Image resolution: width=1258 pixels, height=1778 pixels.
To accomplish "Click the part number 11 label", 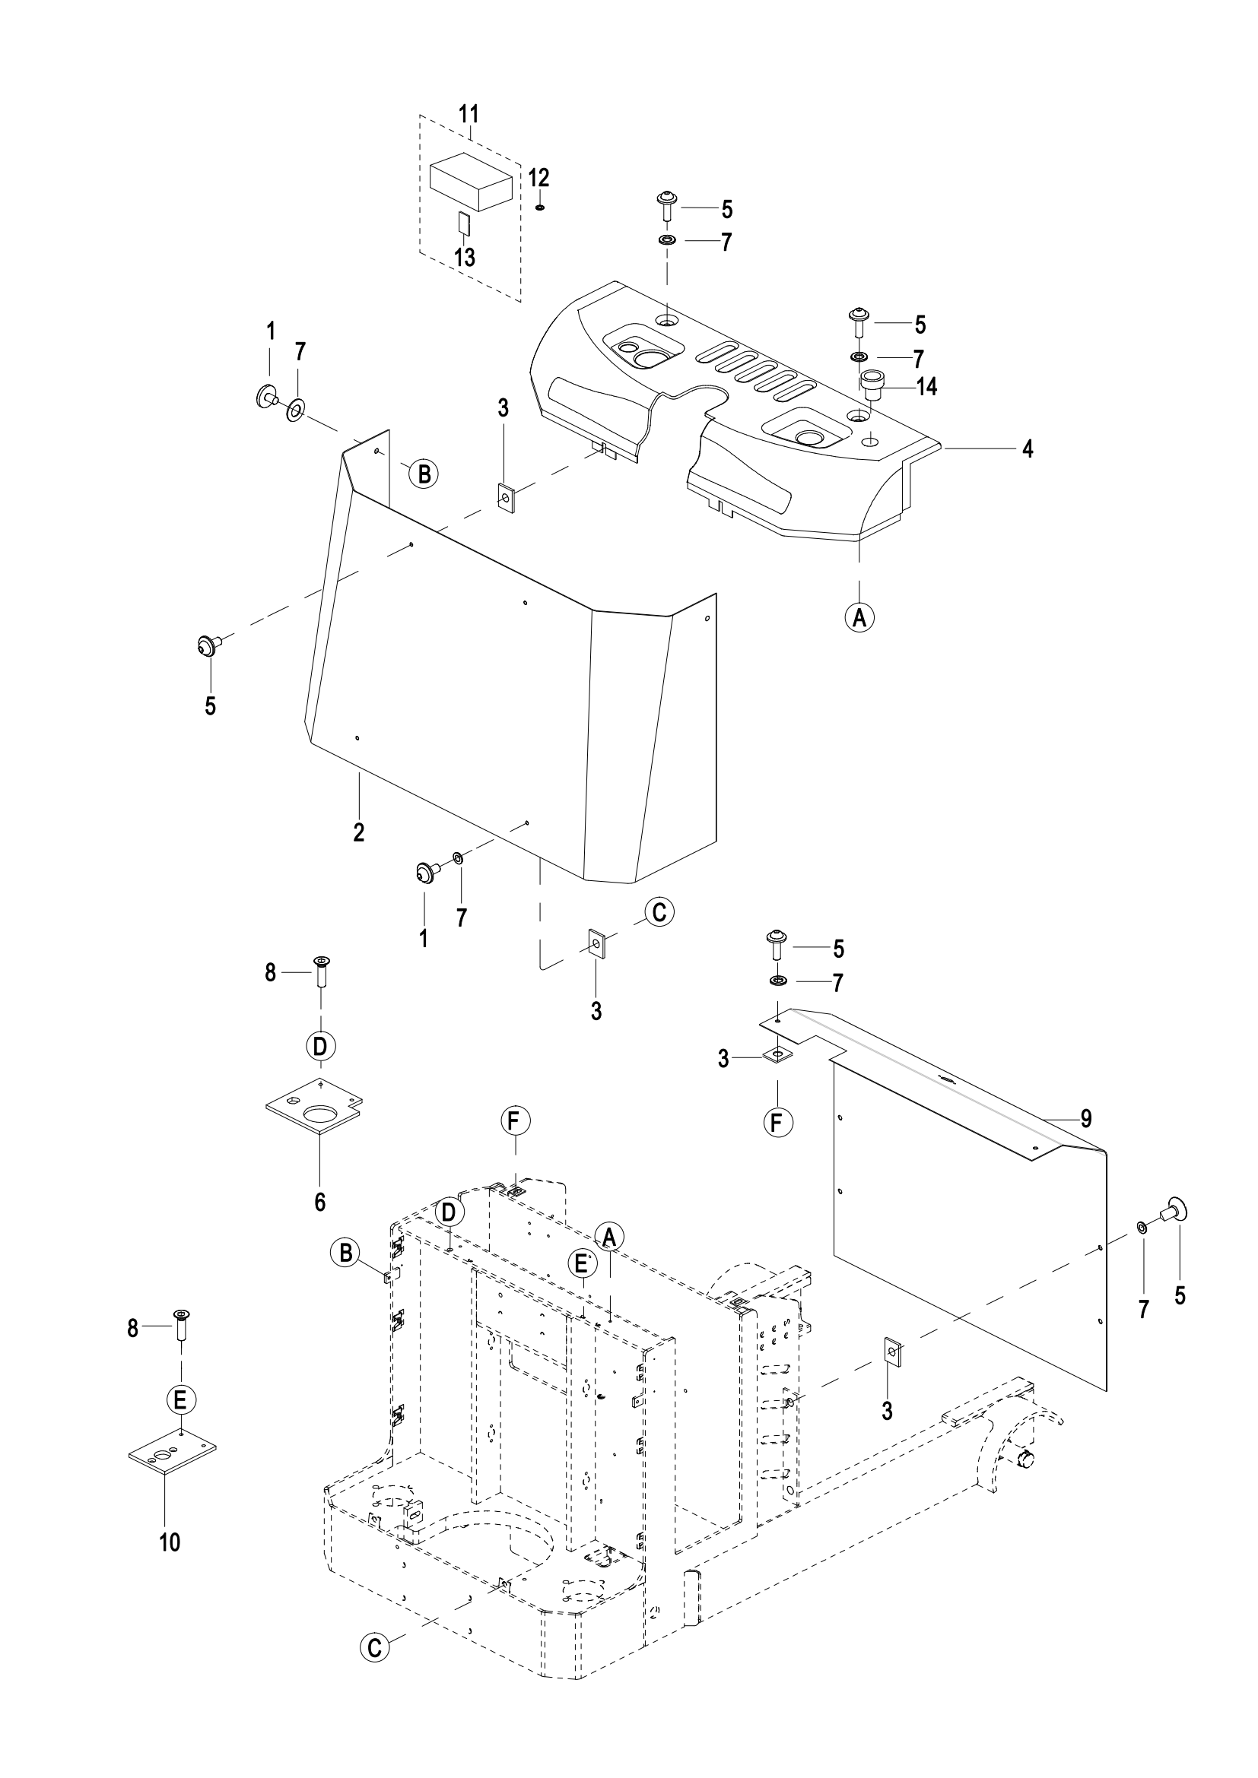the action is [x=469, y=114].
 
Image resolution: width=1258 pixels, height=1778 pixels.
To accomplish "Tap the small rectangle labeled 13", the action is [x=464, y=223].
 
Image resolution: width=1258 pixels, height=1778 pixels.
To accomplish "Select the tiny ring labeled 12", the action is [x=540, y=207].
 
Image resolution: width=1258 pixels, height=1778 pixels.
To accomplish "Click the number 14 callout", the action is [x=926, y=386].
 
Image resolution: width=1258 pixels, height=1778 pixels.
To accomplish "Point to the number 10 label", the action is [x=170, y=1542].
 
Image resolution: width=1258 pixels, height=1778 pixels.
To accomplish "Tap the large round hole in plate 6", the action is [x=320, y=1116].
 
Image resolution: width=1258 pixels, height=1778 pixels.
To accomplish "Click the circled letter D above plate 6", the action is [x=320, y=1047].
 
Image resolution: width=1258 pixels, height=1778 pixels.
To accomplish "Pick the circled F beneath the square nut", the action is [x=778, y=1121].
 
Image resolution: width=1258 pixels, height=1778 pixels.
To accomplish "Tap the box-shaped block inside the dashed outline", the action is [x=471, y=181].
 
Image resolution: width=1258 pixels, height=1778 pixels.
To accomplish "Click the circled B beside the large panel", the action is [x=424, y=472].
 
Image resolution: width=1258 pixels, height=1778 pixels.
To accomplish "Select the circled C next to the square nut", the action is [x=659, y=912].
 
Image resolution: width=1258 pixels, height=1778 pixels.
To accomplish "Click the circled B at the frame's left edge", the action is [x=345, y=1252].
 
